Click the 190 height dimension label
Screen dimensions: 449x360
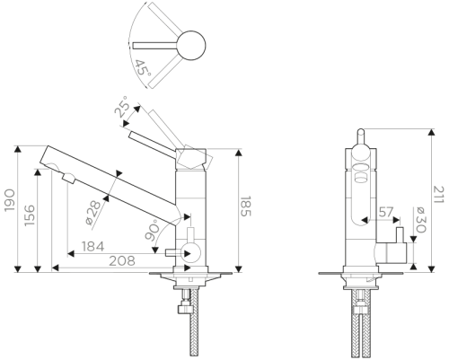coord(10,200)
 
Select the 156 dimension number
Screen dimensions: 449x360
coord(30,215)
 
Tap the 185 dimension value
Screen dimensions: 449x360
coord(246,206)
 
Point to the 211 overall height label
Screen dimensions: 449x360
coord(438,195)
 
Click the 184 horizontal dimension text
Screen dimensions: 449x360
coord(93,247)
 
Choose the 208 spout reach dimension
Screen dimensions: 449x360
coord(122,261)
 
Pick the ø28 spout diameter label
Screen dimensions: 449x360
coord(93,213)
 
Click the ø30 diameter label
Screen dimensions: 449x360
coord(419,220)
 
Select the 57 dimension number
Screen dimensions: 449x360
coord(386,212)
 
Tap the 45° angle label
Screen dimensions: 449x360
coord(142,68)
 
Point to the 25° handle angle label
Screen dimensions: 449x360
coord(122,106)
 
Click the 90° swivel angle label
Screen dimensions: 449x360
coord(153,230)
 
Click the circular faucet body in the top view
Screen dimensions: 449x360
coord(191,46)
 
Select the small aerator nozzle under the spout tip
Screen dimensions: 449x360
coord(69,179)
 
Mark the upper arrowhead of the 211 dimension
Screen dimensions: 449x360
coord(431,132)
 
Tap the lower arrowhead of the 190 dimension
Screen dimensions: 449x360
coord(18,269)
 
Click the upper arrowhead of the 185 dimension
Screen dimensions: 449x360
coord(239,153)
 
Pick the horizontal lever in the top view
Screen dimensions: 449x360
coord(155,45)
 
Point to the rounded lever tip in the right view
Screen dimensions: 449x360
coord(361,133)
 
